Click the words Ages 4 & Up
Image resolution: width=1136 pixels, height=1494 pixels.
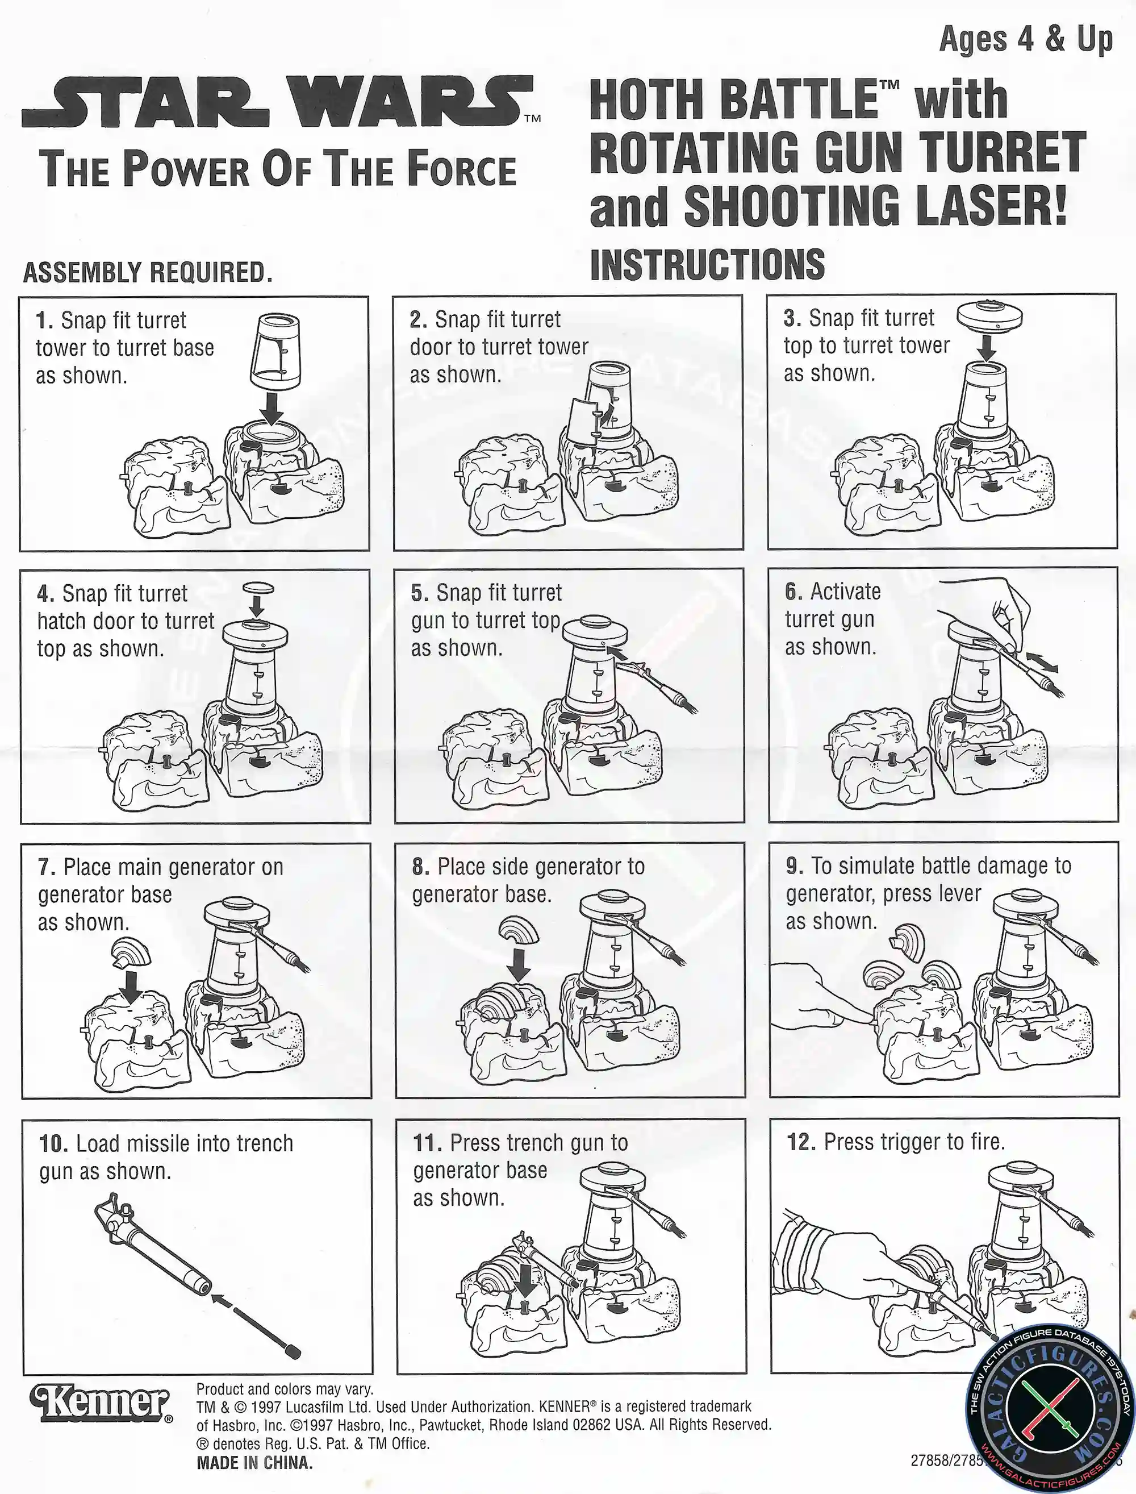[x=1026, y=39]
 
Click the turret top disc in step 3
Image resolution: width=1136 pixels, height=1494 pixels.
[x=990, y=317]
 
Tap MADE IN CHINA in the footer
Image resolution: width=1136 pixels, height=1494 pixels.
[x=255, y=1463]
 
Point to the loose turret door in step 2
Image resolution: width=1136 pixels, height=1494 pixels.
[x=582, y=421]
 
